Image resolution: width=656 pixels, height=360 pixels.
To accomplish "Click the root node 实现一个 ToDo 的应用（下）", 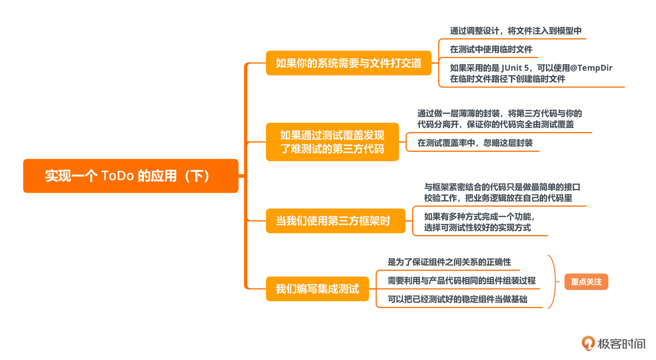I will (130, 176).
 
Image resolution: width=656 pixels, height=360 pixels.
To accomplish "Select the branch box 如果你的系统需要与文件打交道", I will (348, 63).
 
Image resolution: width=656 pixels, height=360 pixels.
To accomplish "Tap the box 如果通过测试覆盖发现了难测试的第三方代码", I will (332, 142).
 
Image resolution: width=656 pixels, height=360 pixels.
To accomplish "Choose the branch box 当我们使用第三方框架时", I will (335, 221).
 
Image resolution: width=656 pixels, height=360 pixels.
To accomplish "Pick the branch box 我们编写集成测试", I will (317, 289).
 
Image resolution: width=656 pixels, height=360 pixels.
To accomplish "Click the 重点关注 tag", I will (586, 282).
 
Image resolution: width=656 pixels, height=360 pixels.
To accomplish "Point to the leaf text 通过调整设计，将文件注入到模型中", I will (515, 31).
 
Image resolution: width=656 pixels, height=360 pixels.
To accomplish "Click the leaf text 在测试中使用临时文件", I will (491, 49).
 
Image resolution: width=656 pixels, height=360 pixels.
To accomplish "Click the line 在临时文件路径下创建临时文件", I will (507, 79).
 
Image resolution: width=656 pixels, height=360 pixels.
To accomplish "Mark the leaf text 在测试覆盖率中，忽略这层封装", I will (475, 143).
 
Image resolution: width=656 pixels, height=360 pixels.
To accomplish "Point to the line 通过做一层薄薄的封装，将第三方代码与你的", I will (499, 113).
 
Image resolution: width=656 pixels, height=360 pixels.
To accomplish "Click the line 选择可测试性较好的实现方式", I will (477, 228).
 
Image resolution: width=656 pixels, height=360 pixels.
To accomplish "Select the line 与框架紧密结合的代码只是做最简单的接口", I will (502, 187).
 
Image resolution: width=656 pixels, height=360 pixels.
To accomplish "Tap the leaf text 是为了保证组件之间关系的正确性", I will (449, 262).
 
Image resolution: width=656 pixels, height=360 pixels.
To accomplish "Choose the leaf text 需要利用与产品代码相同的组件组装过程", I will (461, 281).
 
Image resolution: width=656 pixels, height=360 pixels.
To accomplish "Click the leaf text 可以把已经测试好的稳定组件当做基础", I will (457, 299).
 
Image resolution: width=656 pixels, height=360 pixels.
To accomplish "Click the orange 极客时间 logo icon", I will (588, 343).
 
